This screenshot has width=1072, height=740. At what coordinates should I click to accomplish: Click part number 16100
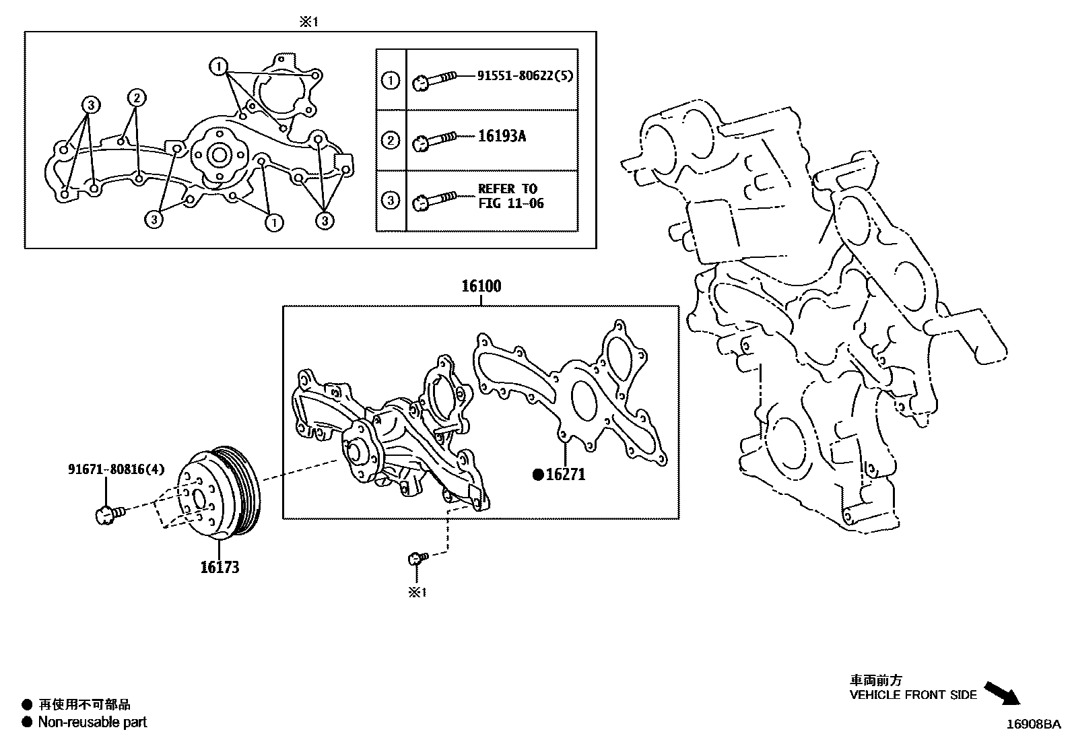coord(481,286)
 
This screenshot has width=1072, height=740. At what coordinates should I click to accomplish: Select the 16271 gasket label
coord(565,475)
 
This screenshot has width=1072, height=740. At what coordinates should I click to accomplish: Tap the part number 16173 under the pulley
coord(220,568)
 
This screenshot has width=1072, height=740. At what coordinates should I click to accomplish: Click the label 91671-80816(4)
coord(116,469)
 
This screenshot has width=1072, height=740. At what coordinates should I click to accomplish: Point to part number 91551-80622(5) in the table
coord(525,76)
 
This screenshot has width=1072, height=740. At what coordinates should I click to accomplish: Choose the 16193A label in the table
coord(502,137)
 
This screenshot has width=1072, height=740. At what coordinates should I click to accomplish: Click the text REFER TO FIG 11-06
coord(510,196)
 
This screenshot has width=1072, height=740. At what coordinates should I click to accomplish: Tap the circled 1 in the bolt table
coord(391,81)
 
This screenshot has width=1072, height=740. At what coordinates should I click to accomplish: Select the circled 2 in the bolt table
coord(391,141)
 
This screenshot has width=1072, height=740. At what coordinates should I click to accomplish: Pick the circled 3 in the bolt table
coord(391,200)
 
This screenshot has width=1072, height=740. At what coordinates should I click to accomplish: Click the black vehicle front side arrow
coord(1002,693)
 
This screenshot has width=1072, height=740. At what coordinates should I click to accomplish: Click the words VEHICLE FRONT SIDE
coord(912,695)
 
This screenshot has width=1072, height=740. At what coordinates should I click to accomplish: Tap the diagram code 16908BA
coord(1033,725)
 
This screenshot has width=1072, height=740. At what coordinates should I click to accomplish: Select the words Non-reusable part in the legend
coord(92,722)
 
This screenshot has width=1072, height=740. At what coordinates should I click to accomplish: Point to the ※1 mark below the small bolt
coord(418,593)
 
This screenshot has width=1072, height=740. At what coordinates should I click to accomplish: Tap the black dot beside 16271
coord(537,475)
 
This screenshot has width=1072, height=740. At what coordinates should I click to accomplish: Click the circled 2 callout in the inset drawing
coord(136,98)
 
